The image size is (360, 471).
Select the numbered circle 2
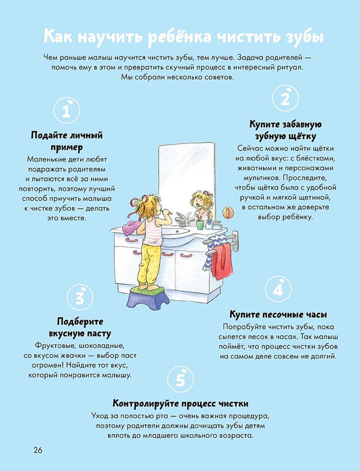tap(285, 98)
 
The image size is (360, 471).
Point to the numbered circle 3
tap(80, 298)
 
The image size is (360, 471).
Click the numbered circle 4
tap(278, 289)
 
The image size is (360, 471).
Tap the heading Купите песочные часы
tap(278, 315)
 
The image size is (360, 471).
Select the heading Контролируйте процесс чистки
tap(180, 403)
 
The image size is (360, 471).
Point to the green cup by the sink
tap(200, 224)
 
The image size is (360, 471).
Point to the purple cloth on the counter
tap(131, 226)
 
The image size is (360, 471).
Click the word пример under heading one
tap(67, 148)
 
